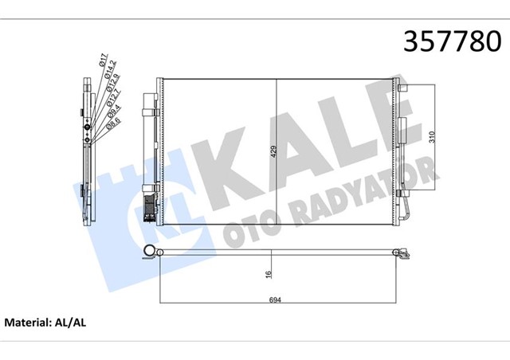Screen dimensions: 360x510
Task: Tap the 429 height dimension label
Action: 273,152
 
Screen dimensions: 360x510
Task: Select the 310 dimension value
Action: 431,137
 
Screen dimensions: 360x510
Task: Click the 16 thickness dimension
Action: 269,275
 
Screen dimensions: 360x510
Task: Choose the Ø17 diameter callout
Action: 104,61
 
